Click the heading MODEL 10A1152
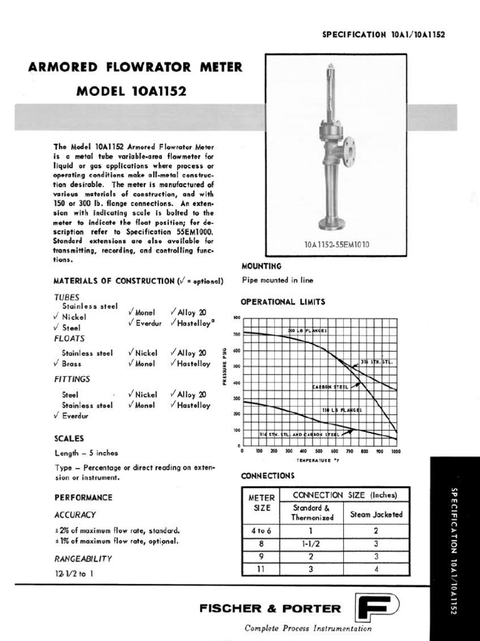point(131,91)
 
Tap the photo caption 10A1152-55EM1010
point(336,245)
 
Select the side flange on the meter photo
point(348,149)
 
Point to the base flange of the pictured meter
point(331,224)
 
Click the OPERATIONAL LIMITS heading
point(283,302)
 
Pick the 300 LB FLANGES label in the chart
point(307,330)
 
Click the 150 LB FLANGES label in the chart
point(341,410)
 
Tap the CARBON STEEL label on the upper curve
point(331,387)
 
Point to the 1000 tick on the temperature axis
point(394,451)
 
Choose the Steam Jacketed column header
point(376,515)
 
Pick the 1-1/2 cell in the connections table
point(311,543)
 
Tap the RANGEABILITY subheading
point(83,558)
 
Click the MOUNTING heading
point(261,266)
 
